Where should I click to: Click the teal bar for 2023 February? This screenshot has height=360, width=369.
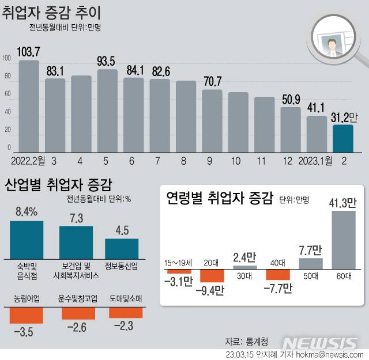343,137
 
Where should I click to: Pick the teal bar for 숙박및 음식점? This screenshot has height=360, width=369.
27,238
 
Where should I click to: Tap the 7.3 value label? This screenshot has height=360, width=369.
76,218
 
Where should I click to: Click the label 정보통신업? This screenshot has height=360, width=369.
121,266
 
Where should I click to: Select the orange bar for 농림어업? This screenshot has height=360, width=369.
27,315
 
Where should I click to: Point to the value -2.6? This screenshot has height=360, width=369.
78,328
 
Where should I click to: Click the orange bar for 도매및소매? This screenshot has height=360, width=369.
125,312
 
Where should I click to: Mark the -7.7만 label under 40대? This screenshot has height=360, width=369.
277,289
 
